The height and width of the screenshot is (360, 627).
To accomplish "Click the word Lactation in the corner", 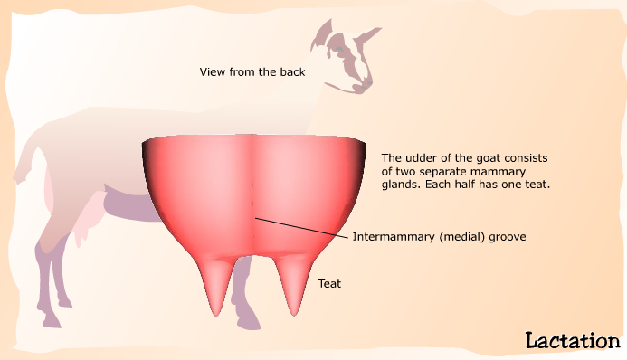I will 572,340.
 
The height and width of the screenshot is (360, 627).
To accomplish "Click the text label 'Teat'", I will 329,284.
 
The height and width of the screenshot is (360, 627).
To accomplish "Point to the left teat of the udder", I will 216,285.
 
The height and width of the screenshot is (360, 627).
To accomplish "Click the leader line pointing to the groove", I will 303,228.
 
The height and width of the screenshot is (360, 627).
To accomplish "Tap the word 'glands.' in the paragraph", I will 401,185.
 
